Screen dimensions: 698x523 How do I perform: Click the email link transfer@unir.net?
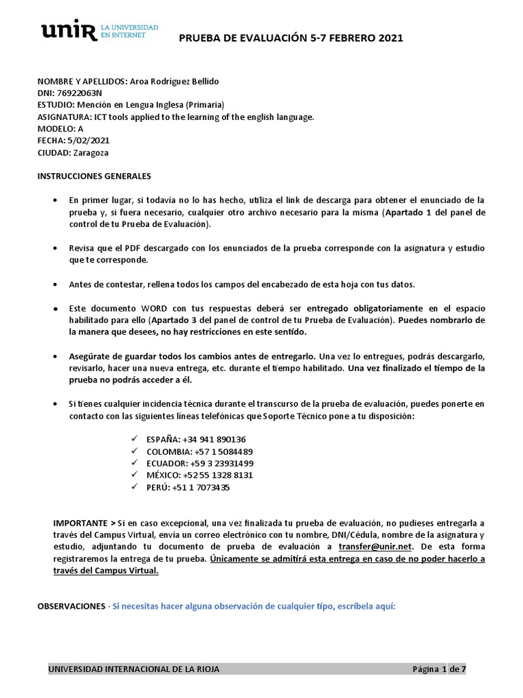coord(375,547)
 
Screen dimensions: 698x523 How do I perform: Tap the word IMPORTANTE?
coord(80,522)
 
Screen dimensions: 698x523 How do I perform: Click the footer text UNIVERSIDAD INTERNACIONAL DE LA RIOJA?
coord(133,669)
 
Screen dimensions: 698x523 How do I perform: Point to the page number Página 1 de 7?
coord(439,669)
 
